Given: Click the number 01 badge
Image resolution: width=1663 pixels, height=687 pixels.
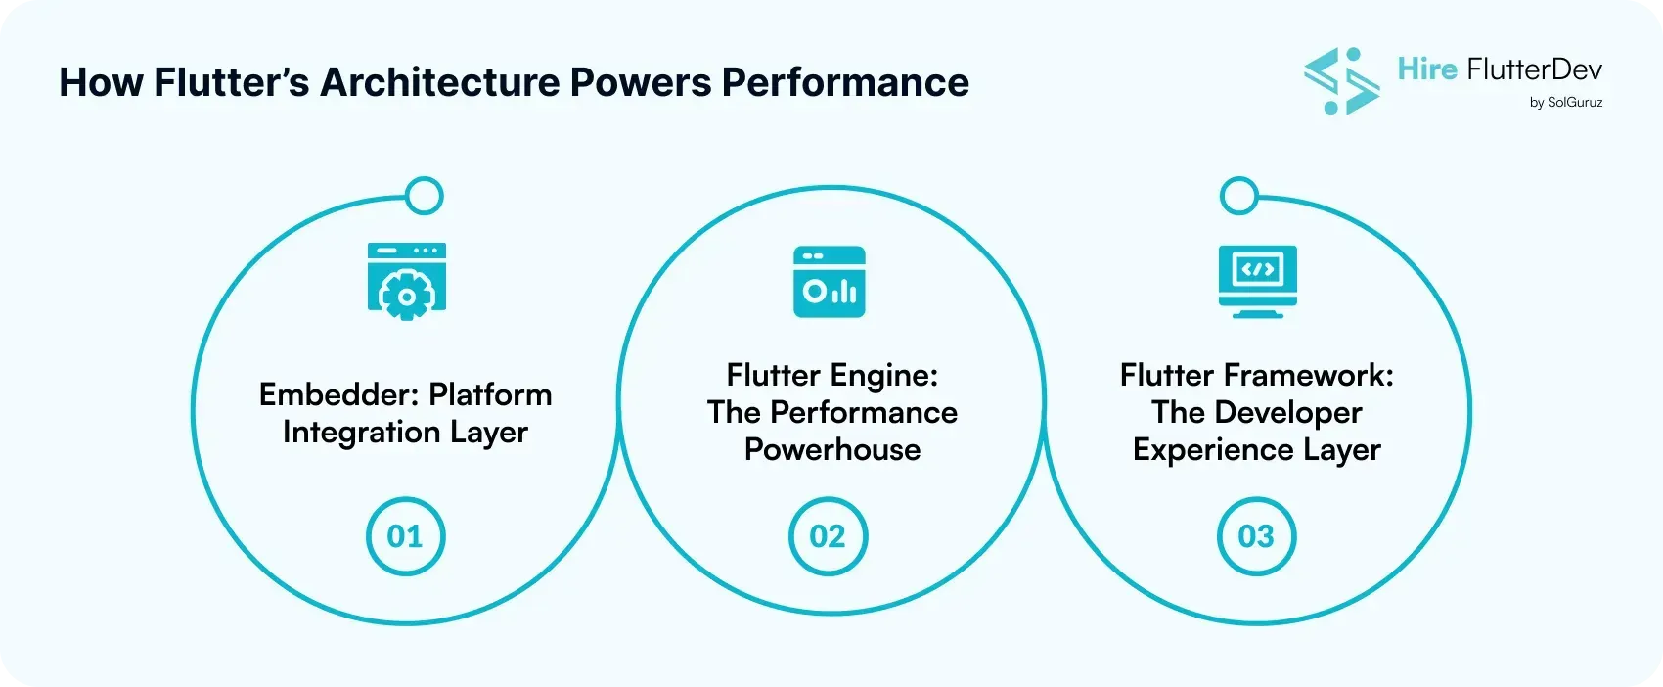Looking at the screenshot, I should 405,536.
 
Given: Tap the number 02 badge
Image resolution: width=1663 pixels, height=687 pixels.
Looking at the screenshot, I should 828,536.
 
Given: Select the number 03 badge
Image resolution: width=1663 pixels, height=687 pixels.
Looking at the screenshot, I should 1256,536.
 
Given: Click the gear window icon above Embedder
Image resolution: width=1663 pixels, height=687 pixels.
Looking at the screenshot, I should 406,281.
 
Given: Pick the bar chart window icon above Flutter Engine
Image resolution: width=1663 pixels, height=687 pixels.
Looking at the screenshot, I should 830,282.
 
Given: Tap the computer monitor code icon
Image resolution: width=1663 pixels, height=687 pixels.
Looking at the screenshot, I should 1257,281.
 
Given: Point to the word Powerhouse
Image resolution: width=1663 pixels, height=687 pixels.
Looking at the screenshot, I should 832,449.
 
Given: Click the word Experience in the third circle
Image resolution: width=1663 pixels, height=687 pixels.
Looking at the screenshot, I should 1199,449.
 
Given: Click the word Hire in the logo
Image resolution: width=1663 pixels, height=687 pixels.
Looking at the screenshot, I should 1427,69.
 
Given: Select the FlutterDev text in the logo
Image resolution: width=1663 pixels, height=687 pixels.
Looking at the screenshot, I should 1534,69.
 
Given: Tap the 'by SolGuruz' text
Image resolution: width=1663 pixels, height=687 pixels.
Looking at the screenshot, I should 1565,102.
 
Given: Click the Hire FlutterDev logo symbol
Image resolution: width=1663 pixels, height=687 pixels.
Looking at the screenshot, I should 1341,80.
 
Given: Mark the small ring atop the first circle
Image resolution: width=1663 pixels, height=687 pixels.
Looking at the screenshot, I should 424,196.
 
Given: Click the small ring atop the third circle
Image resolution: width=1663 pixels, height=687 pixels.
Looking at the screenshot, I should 1239,196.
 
